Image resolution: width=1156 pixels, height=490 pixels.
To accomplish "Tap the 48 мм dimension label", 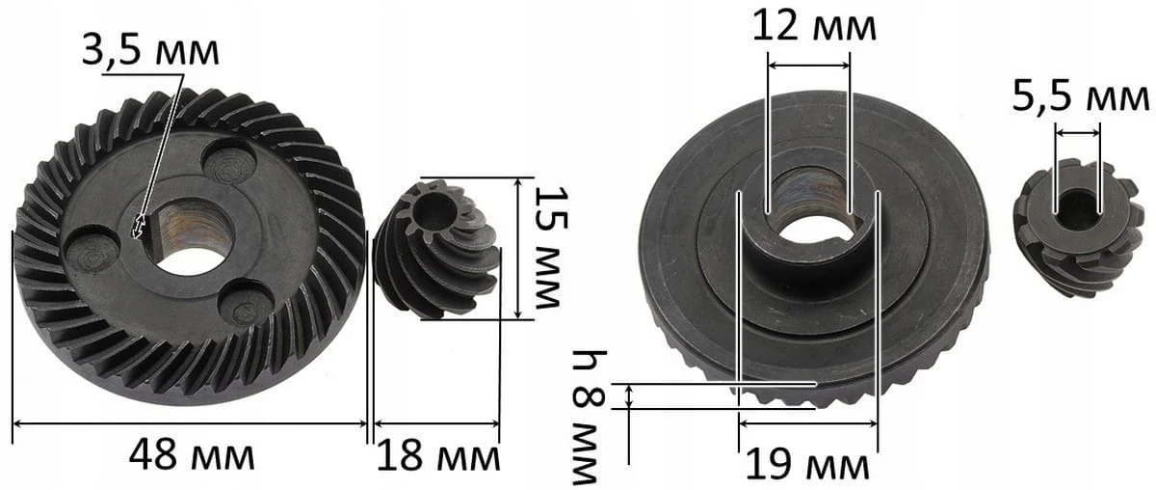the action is pos(192,455).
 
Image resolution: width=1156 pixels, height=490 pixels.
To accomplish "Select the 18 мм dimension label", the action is pos(438,455).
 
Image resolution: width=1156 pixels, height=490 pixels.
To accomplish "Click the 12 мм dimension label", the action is pos(814,26).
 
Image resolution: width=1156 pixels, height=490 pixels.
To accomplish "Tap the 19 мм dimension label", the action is pos(807,465).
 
